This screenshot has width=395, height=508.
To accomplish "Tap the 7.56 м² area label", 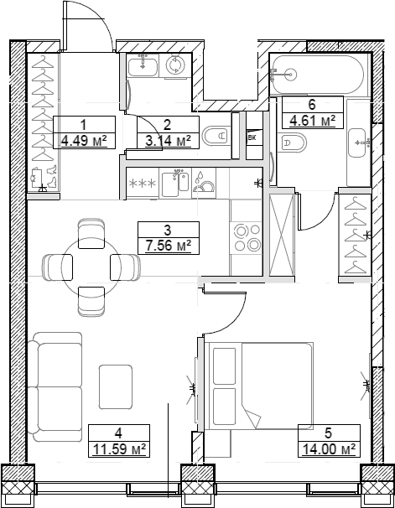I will tap(168, 245).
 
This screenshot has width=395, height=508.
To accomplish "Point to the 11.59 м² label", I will tap(118, 449).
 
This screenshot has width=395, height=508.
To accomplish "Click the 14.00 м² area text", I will tap(328, 449).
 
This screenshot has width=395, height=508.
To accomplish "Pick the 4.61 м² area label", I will tap(311, 121).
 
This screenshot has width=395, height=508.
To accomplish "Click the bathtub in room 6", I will tap(317, 75).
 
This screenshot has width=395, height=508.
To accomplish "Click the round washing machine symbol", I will tap(177, 65).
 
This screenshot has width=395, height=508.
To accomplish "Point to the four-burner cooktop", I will tap(246, 237).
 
